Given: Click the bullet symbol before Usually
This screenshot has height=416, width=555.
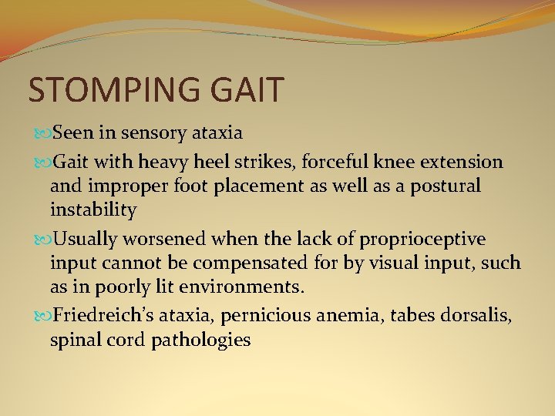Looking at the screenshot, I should click(x=42, y=240).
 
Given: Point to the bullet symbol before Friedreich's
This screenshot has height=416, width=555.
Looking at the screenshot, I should click(x=42, y=316).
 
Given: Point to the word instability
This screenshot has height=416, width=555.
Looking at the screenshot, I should click(x=93, y=210).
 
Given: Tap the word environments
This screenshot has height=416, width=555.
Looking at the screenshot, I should click(x=249, y=287).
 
